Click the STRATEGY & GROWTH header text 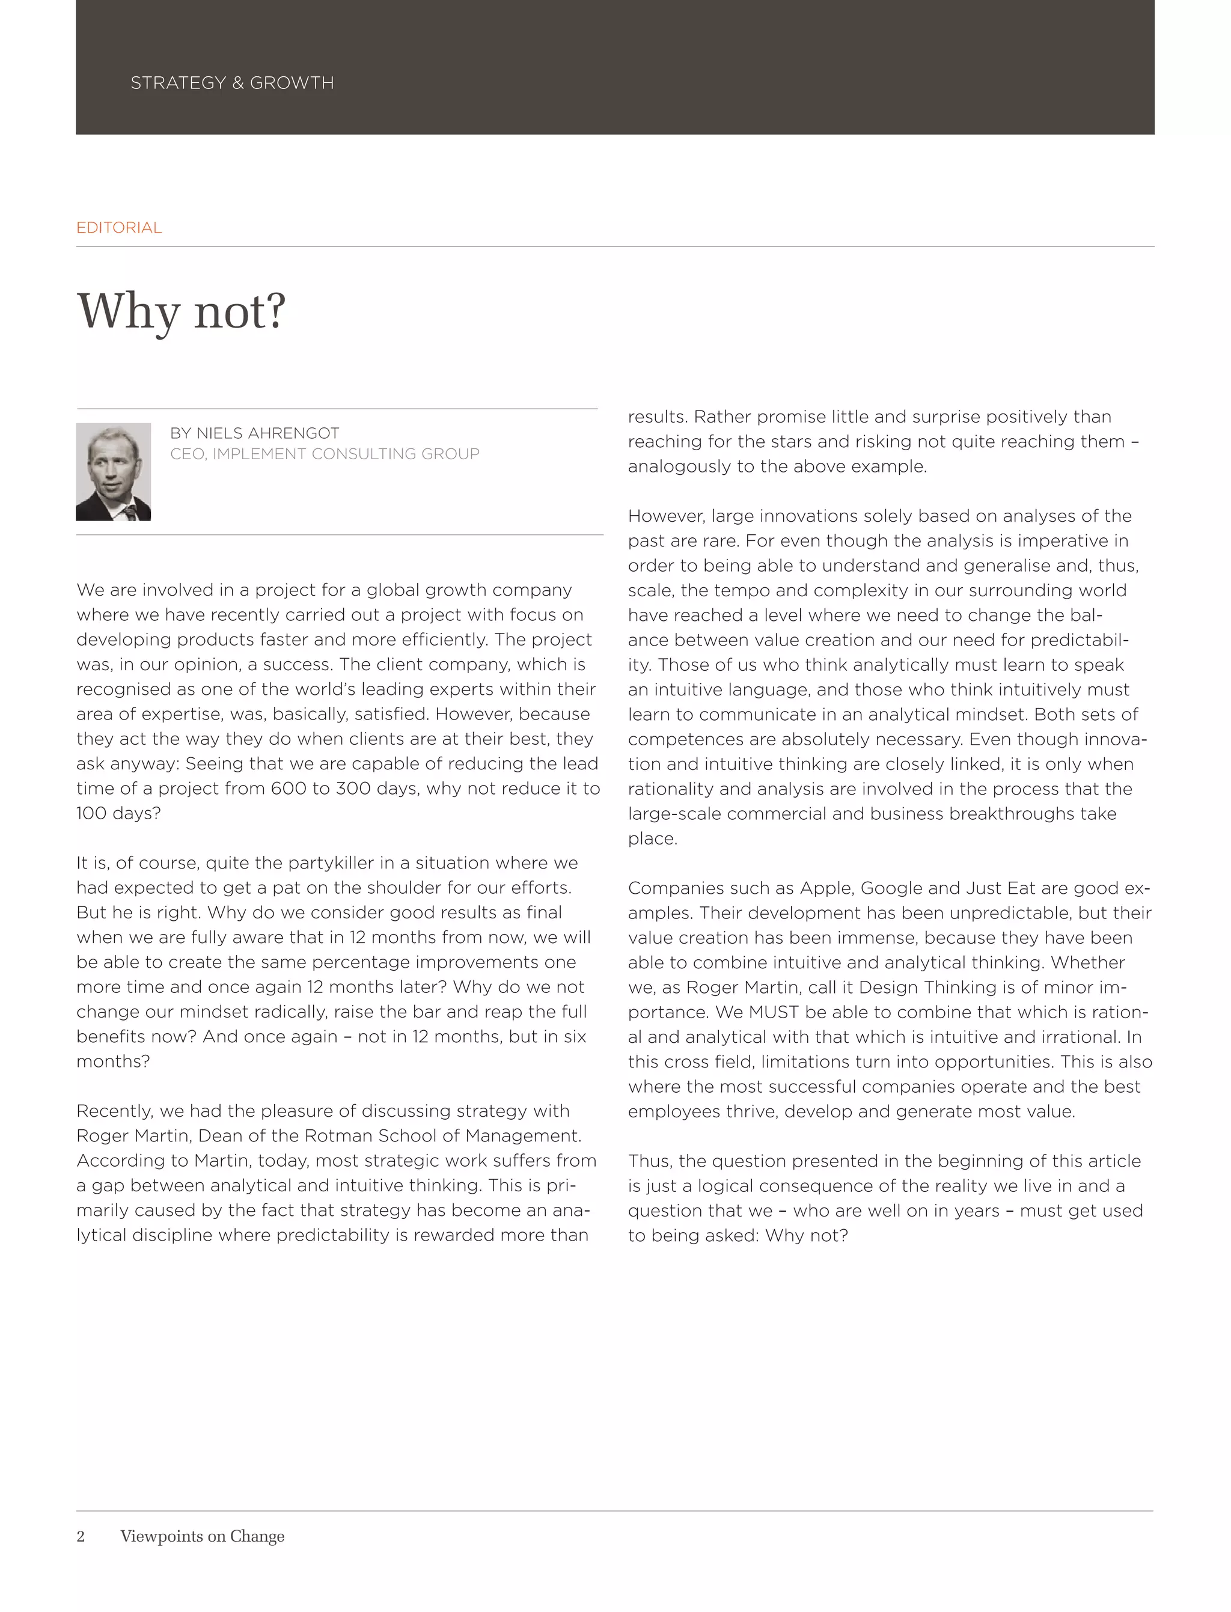[x=231, y=83]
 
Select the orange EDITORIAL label [x=118, y=228]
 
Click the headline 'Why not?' [x=181, y=311]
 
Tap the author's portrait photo [x=114, y=472]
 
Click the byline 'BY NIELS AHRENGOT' [x=254, y=433]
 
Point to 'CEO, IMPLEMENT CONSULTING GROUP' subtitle [x=325, y=454]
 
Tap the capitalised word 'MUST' [x=773, y=1012]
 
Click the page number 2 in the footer [x=81, y=1536]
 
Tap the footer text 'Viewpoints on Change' [x=202, y=1536]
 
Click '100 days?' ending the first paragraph [x=118, y=813]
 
